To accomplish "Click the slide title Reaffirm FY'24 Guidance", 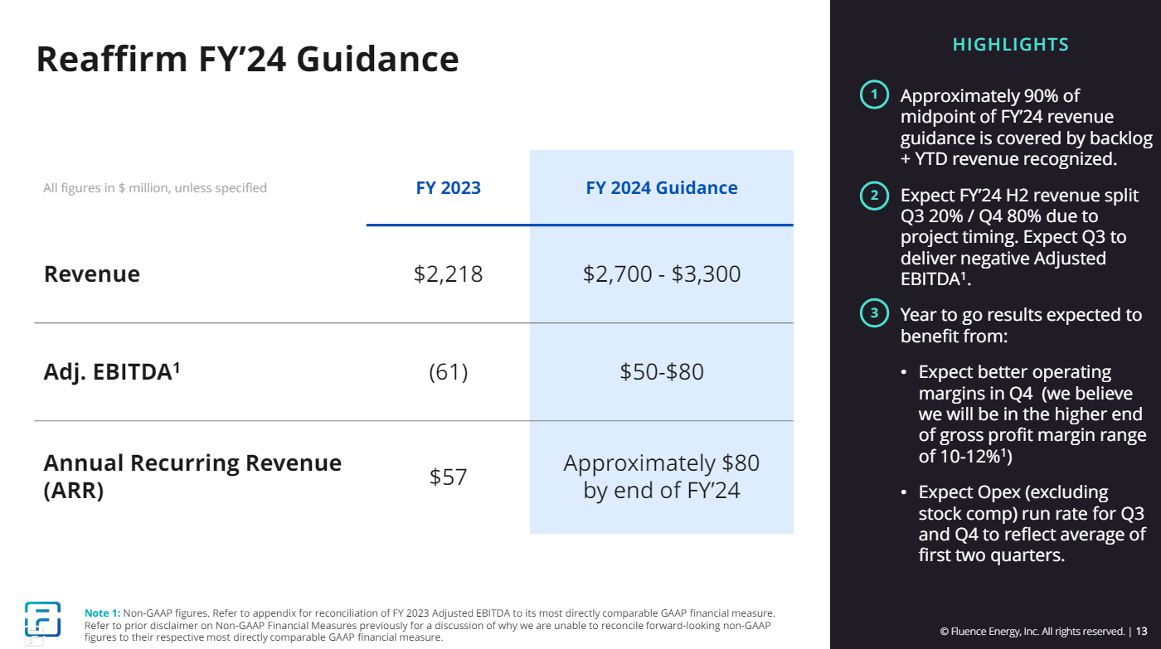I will (247, 60).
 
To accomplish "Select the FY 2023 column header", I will (448, 188).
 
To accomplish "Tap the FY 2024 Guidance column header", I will (661, 188).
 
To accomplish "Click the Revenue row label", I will (92, 274).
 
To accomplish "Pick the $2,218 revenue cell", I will (448, 274).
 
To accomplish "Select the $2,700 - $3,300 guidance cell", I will (661, 274).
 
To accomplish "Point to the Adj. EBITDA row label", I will (112, 372).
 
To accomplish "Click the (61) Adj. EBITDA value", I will (448, 372).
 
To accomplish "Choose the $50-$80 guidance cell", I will (661, 372).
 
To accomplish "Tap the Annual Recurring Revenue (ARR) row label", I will (192, 476).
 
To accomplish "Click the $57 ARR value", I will (448, 477).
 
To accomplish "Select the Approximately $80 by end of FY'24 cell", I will (661, 476).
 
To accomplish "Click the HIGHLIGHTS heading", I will (1010, 45).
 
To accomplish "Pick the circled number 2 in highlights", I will (873, 196).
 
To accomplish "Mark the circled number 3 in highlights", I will (873, 314).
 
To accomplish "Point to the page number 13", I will (1142, 631).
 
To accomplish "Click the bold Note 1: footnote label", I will (103, 613).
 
